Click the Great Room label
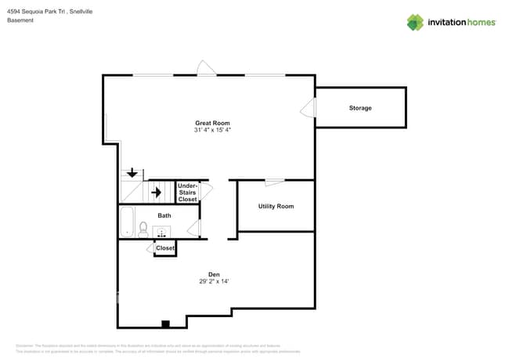click(212, 123)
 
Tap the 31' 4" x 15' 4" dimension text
click(212, 130)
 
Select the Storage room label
click(360, 108)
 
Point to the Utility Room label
click(276, 207)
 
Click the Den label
click(214, 274)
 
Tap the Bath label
click(164, 215)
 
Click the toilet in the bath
click(143, 229)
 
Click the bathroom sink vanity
click(162, 232)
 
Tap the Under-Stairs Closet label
click(188, 193)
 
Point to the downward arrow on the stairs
click(132, 173)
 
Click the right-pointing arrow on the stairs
click(156, 192)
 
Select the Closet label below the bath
click(165, 248)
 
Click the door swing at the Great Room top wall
click(205, 69)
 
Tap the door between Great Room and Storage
click(309, 109)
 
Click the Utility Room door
click(274, 182)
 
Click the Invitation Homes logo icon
click(414, 22)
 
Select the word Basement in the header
click(20, 20)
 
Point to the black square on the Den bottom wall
click(165, 323)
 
